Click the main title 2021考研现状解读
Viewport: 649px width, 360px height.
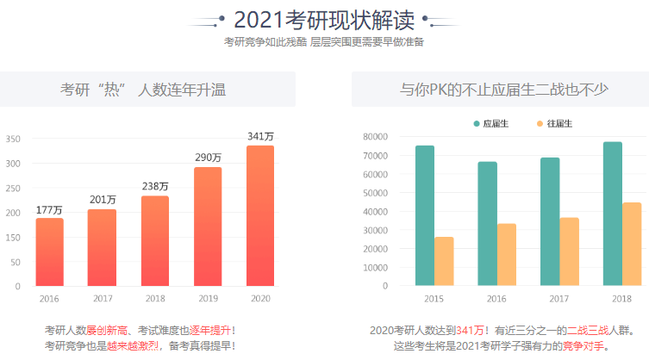[x=323, y=20]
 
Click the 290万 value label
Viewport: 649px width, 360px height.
[x=208, y=158]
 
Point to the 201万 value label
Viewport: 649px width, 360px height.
[x=102, y=200]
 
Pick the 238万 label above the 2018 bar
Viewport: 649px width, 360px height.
[x=155, y=186]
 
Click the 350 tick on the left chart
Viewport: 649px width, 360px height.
[x=13, y=139]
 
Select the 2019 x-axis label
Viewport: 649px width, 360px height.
[x=208, y=298]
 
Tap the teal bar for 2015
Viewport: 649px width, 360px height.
[x=424, y=215]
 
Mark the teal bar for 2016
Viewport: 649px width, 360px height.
[x=488, y=223]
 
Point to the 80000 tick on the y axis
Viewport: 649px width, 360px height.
[x=376, y=137]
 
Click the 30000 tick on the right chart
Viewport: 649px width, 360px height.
[x=376, y=230]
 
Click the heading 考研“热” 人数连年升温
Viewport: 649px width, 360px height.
[x=147, y=90]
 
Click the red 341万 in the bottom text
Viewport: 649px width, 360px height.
[x=471, y=331]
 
